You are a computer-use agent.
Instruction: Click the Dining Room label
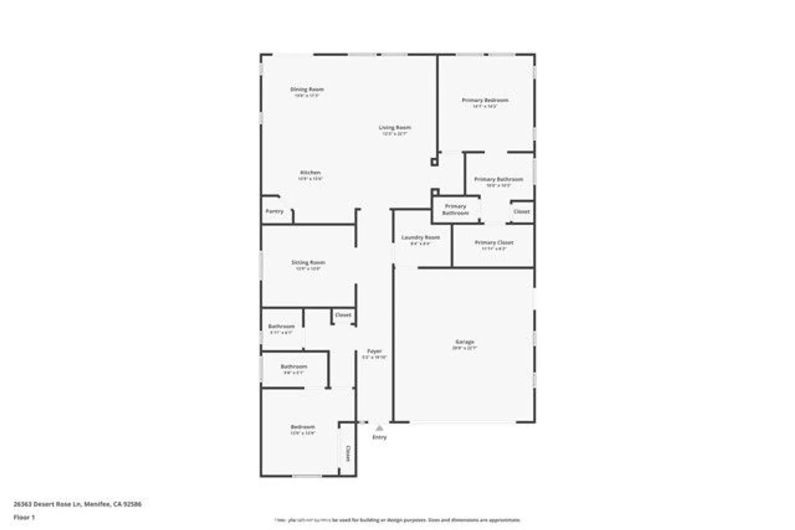coord(307,89)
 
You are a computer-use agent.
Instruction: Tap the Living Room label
coord(395,128)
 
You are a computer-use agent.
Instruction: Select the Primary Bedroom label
coord(485,100)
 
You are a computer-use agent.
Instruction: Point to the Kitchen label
coord(310,172)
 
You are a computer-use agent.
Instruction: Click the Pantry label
coord(275,211)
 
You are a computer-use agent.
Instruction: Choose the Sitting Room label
coord(308,262)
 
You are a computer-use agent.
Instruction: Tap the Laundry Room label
coord(421,237)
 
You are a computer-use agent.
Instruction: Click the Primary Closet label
coord(494,242)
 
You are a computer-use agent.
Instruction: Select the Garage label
coord(465,342)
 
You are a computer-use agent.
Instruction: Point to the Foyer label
coord(374,351)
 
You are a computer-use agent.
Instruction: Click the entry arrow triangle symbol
coord(379,428)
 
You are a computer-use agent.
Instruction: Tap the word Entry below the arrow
coord(379,437)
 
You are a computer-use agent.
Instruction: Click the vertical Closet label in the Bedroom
coord(348,453)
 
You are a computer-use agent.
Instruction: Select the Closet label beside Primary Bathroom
coord(522,211)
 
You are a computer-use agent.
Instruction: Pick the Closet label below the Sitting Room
coord(343,315)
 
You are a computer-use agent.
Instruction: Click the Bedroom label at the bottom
coord(302,427)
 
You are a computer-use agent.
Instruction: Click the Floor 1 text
coord(24,517)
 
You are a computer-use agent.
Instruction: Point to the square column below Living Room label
coord(434,162)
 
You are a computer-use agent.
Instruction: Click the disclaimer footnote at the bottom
coord(397,520)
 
